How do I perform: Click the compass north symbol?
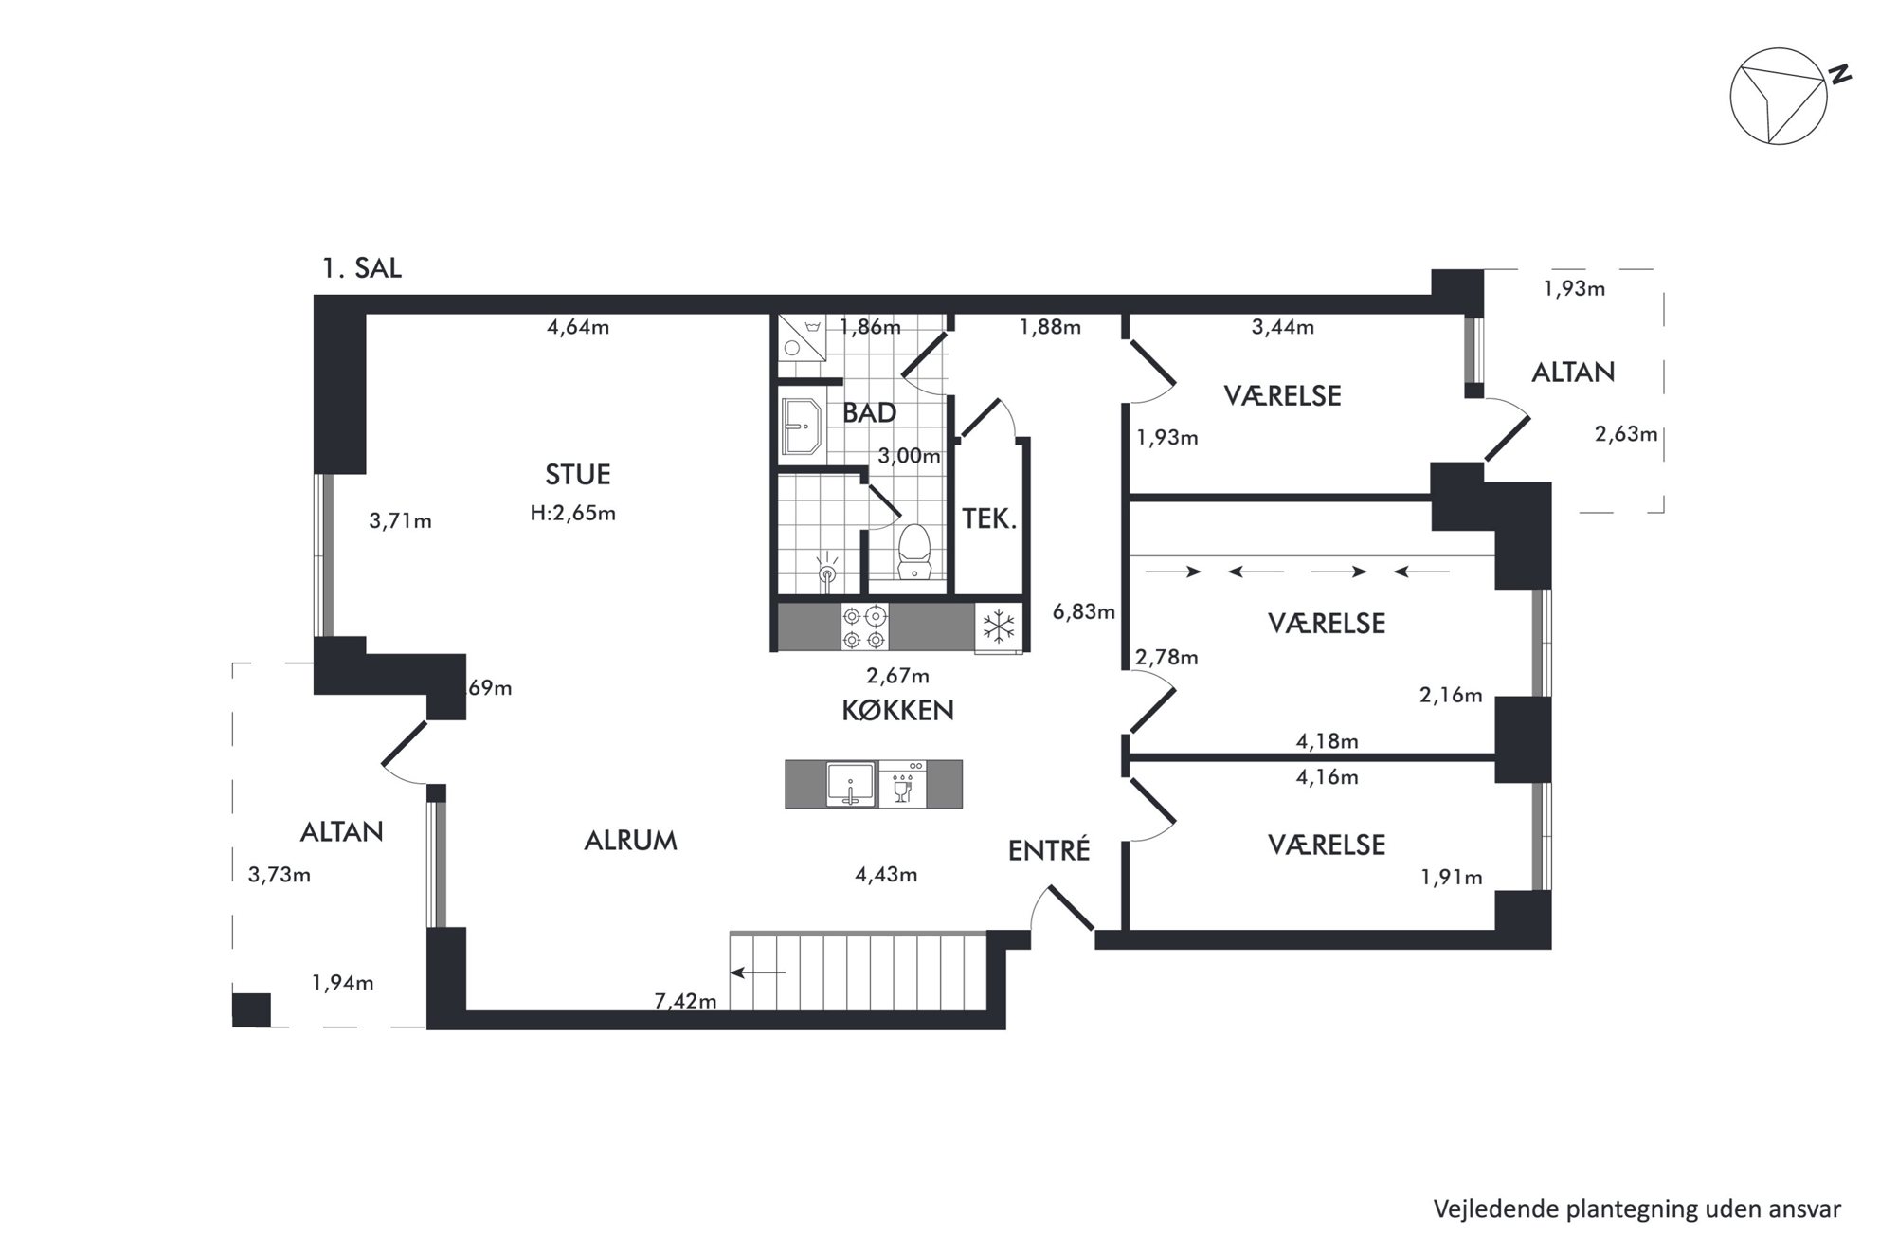point(1779,96)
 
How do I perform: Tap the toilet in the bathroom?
point(914,551)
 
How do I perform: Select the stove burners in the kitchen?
point(865,628)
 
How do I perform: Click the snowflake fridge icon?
point(998,627)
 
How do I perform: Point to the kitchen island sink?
point(851,784)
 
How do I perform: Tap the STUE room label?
point(578,474)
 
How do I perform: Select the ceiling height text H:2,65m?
point(573,514)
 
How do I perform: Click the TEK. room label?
point(989,518)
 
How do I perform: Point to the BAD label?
point(869,413)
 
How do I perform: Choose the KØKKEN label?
point(897,710)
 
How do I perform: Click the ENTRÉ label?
point(1049,850)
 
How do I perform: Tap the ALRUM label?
point(630,841)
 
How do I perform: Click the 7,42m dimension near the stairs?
point(685,1001)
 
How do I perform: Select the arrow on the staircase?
point(758,972)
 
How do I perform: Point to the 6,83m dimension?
point(1084,611)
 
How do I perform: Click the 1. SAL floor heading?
point(362,268)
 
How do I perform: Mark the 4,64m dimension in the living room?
point(578,328)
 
